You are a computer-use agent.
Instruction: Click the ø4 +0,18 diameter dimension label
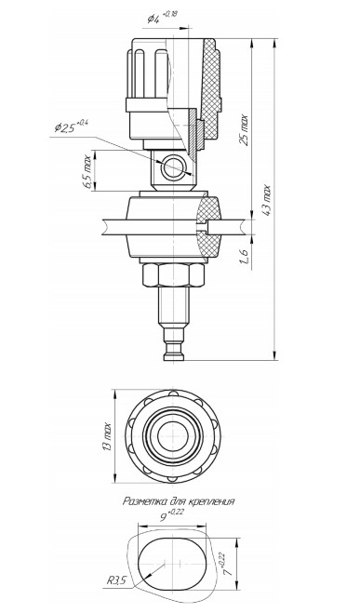pyautogui.click(x=162, y=18)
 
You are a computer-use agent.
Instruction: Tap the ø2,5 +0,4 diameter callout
pyautogui.click(x=72, y=127)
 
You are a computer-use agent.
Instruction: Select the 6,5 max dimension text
pyautogui.click(x=87, y=172)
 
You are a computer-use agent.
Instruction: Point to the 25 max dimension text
pyautogui.click(x=244, y=130)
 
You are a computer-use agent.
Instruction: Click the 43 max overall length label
pyautogui.click(x=266, y=200)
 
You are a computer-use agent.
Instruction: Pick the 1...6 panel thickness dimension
pyautogui.click(x=245, y=257)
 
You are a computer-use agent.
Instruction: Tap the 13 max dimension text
pyautogui.click(x=108, y=436)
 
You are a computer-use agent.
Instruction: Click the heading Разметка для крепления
pyautogui.click(x=179, y=501)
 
